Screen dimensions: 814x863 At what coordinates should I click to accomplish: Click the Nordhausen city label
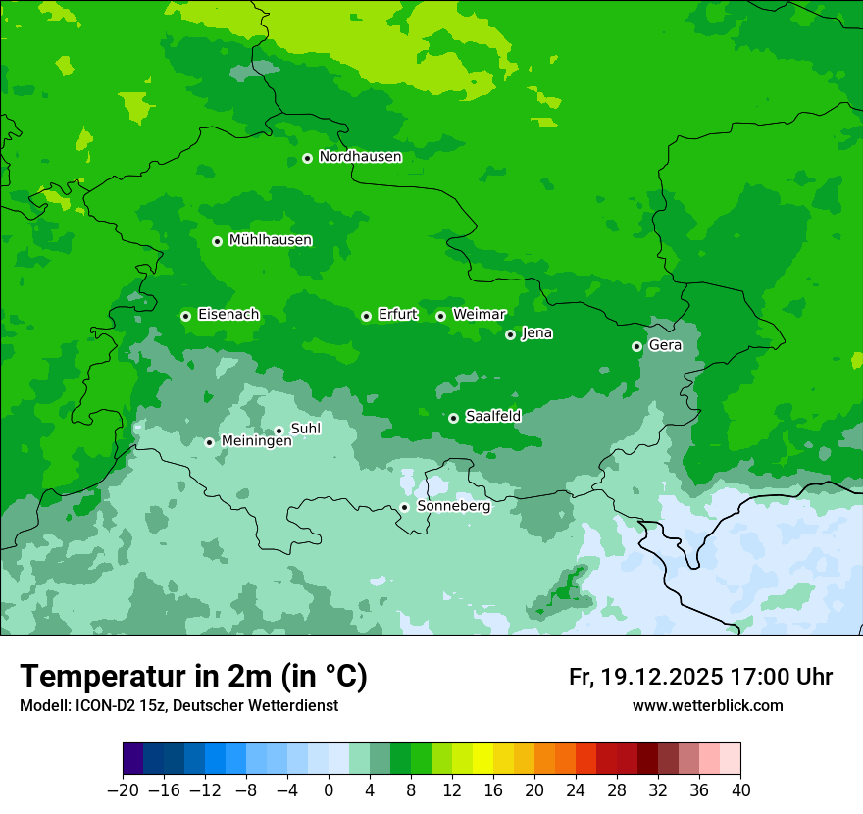pos(360,157)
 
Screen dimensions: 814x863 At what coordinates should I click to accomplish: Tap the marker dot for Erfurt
pos(366,316)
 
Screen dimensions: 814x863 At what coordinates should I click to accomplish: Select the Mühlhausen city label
pos(270,240)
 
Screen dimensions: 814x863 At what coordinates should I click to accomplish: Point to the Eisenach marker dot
pos(185,316)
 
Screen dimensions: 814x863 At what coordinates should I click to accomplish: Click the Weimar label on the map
pos(479,315)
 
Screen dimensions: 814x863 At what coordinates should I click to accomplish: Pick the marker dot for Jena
pos(510,334)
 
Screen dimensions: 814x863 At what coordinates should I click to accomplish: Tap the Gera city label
pos(665,345)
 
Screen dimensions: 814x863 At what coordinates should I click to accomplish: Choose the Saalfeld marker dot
pos(453,418)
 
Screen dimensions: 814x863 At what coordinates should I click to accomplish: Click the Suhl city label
pos(306,429)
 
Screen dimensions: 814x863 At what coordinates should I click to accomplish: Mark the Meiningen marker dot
pos(209,442)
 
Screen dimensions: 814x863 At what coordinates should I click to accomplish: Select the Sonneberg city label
pos(453,506)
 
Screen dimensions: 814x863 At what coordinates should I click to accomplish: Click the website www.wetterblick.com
pos(707,705)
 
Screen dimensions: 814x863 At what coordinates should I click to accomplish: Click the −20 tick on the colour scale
pos(123,790)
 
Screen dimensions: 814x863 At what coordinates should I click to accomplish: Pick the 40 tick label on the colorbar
pos(740,790)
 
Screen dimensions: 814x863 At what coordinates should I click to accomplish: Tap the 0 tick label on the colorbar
pos(329,790)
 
